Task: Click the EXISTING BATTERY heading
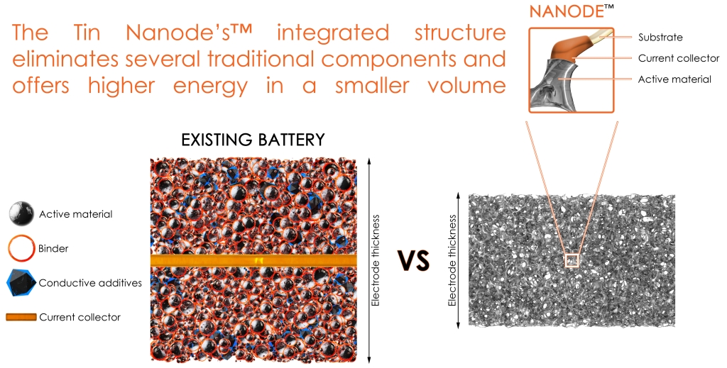click(x=253, y=140)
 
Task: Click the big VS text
click(x=414, y=261)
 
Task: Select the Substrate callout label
click(x=660, y=38)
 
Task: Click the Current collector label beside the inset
click(x=679, y=58)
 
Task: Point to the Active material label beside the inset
click(x=674, y=79)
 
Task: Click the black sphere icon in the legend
click(x=21, y=214)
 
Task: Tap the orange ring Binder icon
click(x=21, y=248)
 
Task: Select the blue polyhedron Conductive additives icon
click(x=21, y=283)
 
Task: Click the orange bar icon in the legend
click(x=21, y=317)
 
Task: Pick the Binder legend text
click(x=53, y=249)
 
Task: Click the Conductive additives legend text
click(x=90, y=283)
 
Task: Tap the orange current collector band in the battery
click(x=253, y=260)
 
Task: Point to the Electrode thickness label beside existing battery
click(x=376, y=260)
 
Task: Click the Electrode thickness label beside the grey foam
click(x=452, y=260)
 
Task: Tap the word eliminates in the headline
click(x=65, y=60)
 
